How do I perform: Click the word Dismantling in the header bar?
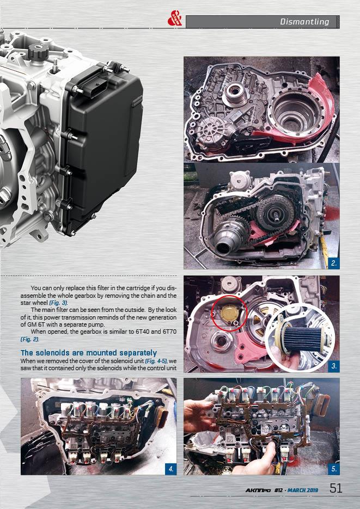[304, 22]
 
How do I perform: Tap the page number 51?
[335, 488]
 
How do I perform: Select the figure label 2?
[334, 263]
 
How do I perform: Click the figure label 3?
[334, 366]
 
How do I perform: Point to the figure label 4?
[171, 469]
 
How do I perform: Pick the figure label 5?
[334, 469]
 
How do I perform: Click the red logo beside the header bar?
[175, 18]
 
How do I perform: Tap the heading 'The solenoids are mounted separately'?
[89, 353]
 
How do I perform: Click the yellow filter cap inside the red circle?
[229, 313]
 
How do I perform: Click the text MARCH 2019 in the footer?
[303, 490]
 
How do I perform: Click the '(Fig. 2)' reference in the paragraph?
[30, 340]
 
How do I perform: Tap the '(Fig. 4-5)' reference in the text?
[156, 361]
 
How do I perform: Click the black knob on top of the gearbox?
[38, 51]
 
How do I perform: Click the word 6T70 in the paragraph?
[169, 332]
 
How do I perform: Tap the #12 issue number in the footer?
[278, 490]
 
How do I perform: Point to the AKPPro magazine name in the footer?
[258, 490]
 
